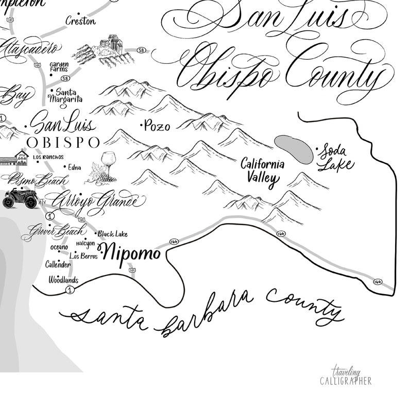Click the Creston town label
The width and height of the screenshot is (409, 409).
80,21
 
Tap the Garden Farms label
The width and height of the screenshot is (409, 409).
59,67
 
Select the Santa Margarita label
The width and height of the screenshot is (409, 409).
66,95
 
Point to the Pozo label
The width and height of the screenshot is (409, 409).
157,126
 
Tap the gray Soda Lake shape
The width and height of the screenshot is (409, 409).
294,149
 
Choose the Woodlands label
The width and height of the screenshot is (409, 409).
63,280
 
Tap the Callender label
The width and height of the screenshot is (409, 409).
58,265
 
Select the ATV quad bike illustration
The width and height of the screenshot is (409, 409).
20,198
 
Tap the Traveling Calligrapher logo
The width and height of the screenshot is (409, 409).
345,377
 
